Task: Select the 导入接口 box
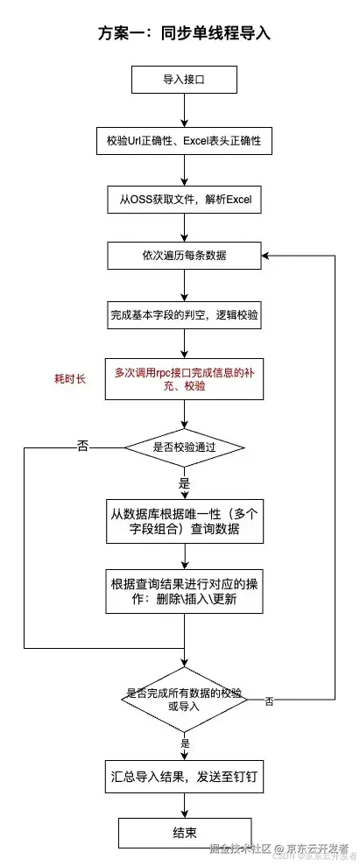point(184,81)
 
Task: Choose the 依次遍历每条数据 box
point(184,255)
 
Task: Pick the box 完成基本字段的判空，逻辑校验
point(184,313)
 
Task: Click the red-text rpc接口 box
point(184,379)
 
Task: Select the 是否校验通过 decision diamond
point(184,447)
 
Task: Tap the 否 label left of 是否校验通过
point(82,447)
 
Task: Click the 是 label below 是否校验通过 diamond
point(184,483)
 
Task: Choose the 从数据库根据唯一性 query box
point(184,522)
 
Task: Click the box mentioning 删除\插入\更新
point(184,593)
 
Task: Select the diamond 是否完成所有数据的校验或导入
point(184,698)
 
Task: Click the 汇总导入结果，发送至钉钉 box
point(184,775)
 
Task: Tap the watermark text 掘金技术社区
point(239,848)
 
